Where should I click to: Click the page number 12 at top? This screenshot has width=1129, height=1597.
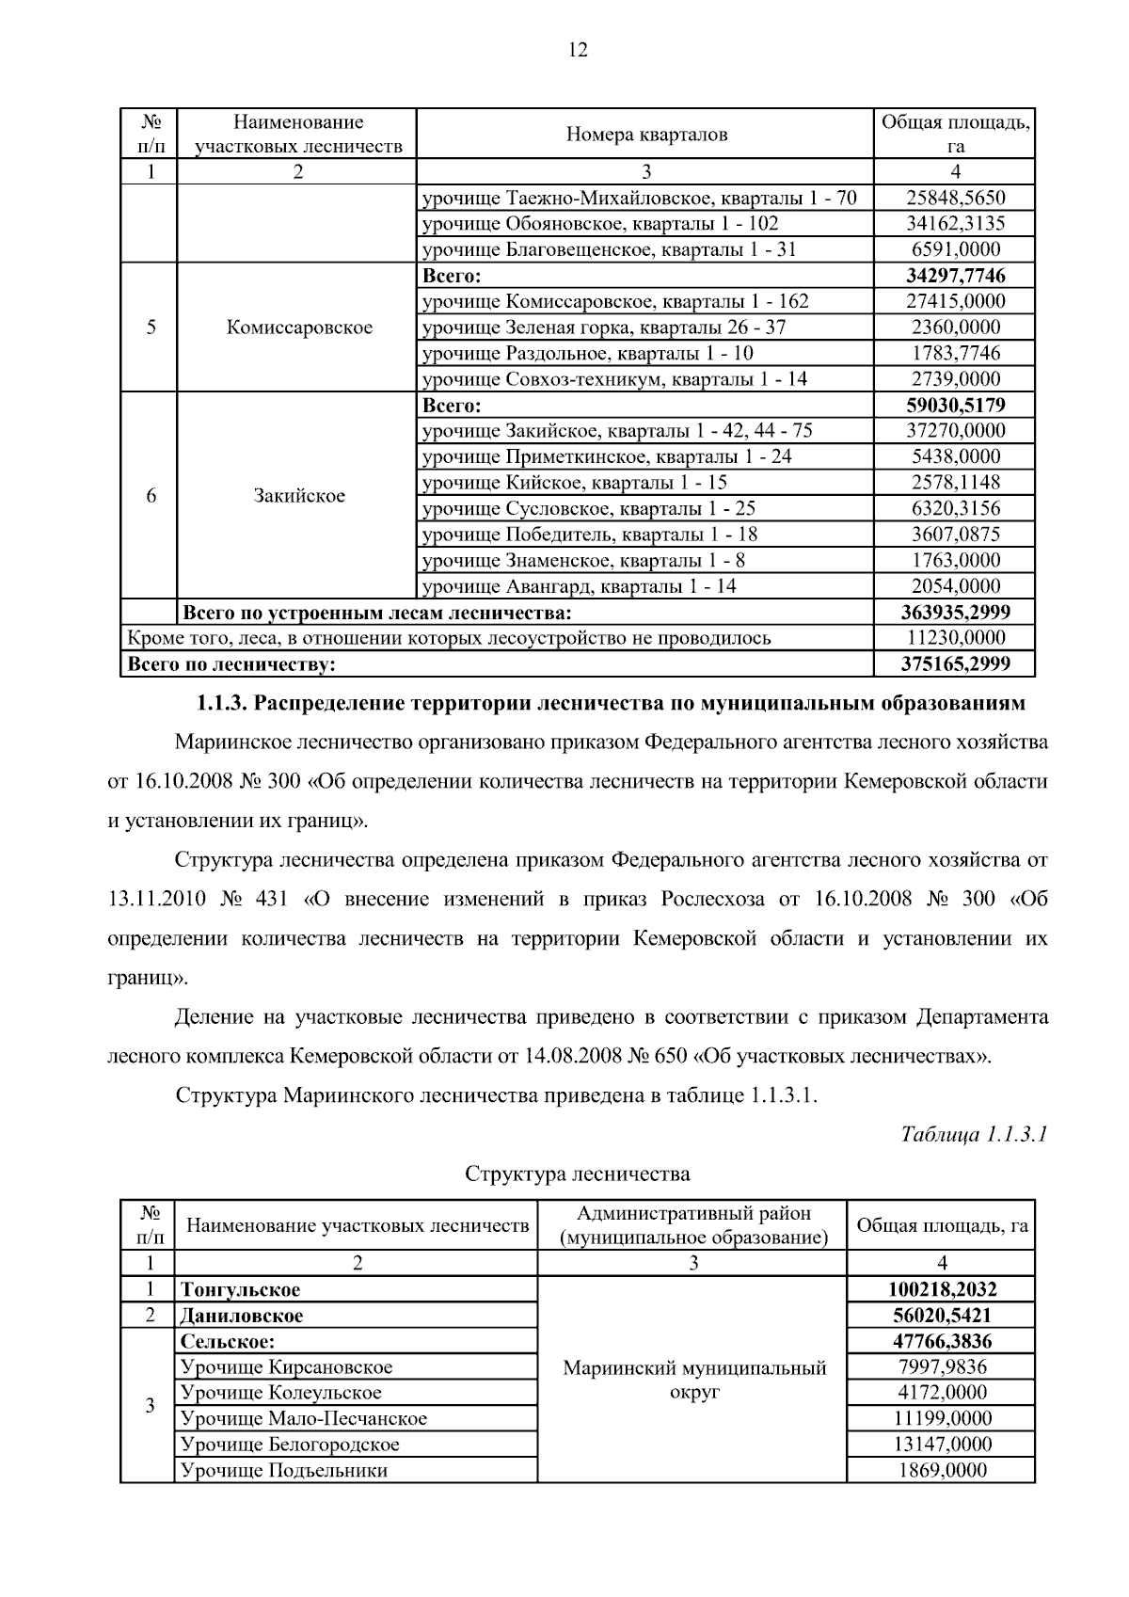click(578, 51)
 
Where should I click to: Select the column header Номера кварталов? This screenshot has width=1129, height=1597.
click(645, 135)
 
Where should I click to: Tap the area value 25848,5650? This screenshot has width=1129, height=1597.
click(955, 198)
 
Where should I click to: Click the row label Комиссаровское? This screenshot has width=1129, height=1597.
click(299, 327)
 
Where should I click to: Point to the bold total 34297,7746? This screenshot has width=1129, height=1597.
click(955, 276)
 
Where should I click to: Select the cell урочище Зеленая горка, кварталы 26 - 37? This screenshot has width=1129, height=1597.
click(604, 327)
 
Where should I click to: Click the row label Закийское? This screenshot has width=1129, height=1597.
click(299, 496)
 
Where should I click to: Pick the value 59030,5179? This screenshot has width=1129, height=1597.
click(955, 406)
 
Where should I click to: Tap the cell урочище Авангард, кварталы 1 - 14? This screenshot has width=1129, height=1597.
click(580, 586)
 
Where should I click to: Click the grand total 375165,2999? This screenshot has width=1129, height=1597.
click(955, 664)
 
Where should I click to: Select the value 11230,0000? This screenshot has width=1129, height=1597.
click(955, 638)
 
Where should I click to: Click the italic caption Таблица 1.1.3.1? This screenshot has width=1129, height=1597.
click(974, 1134)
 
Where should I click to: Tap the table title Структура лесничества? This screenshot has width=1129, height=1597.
click(578, 1174)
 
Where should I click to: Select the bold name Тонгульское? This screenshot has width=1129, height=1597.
click(241, 1289)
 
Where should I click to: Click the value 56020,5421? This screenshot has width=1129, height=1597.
click(941, 1316)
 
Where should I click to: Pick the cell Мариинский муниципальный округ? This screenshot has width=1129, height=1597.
click(694, 1380)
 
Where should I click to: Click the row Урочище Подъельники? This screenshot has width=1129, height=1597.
click(284, 1471)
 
